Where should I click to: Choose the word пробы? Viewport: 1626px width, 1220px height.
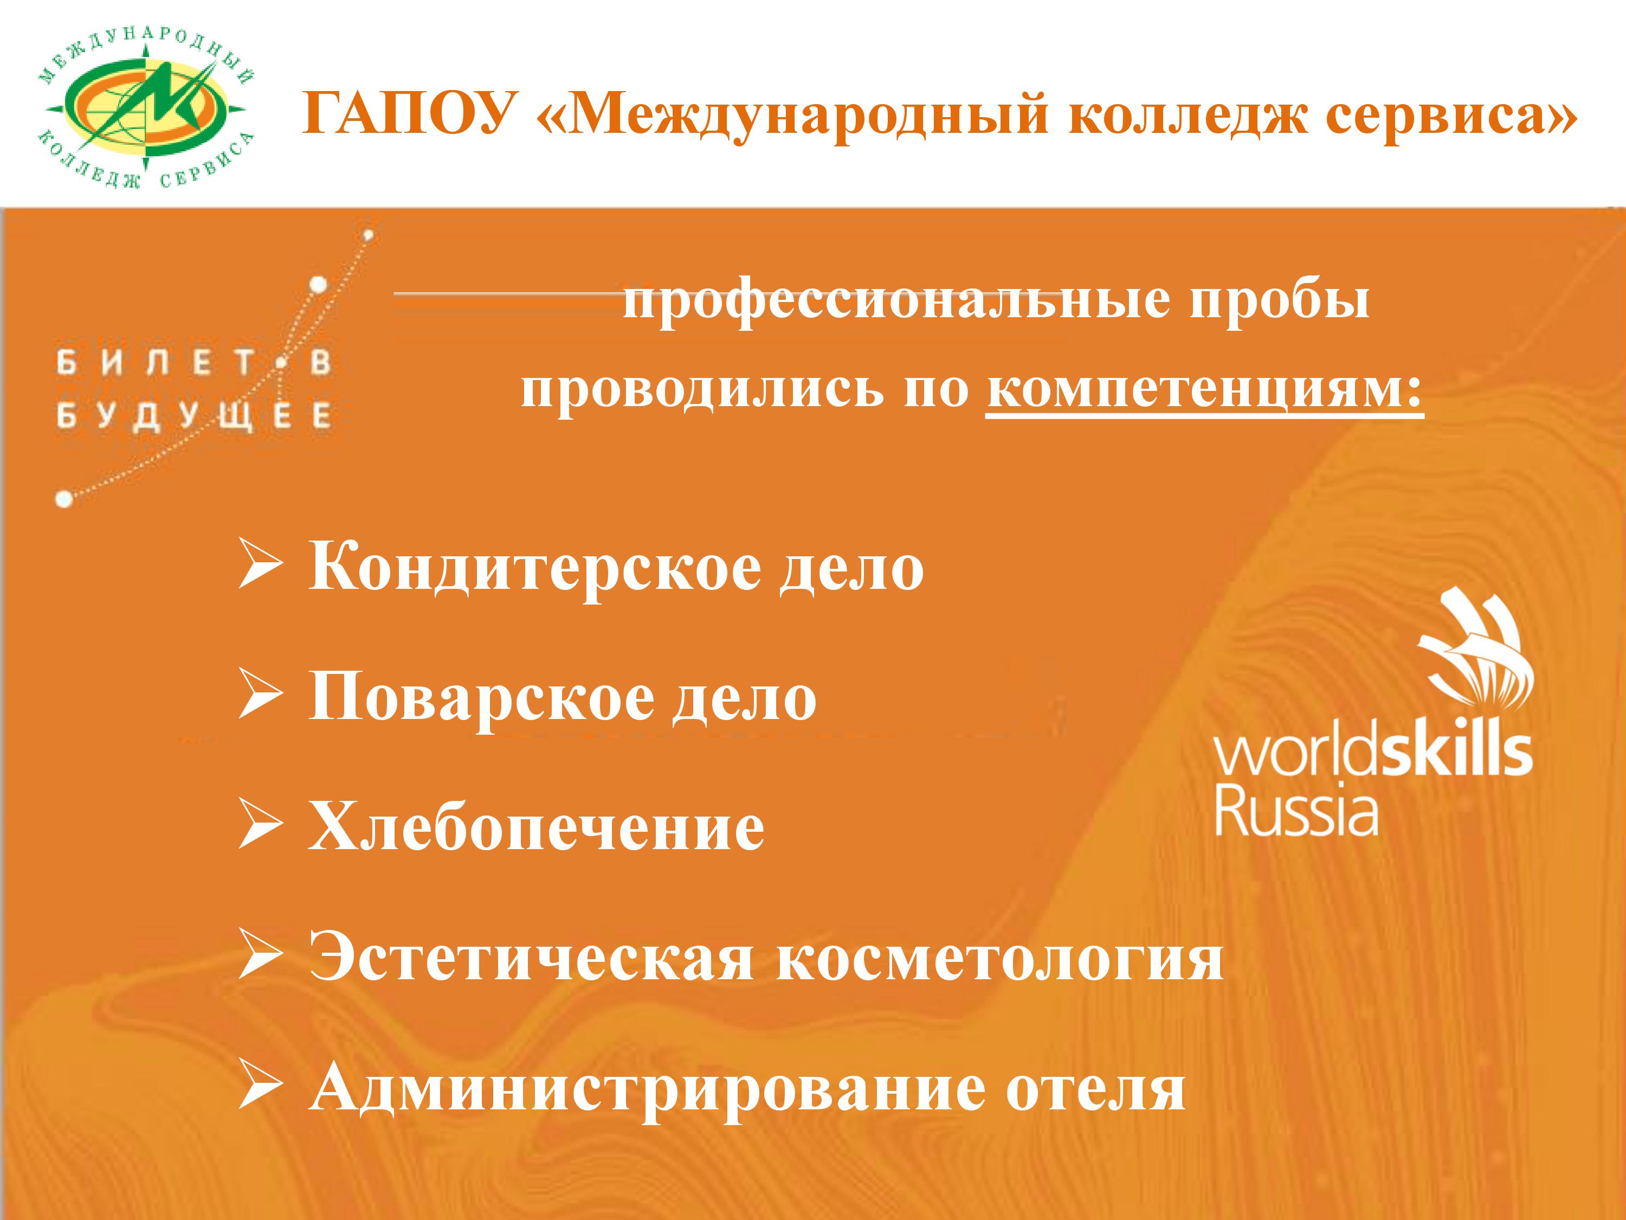coord(1279,301)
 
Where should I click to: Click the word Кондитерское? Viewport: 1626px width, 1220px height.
coord(534,568)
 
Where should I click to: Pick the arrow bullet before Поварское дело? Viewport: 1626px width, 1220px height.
coord(260,697)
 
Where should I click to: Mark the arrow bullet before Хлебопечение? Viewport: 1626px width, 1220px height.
coord(260,827)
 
